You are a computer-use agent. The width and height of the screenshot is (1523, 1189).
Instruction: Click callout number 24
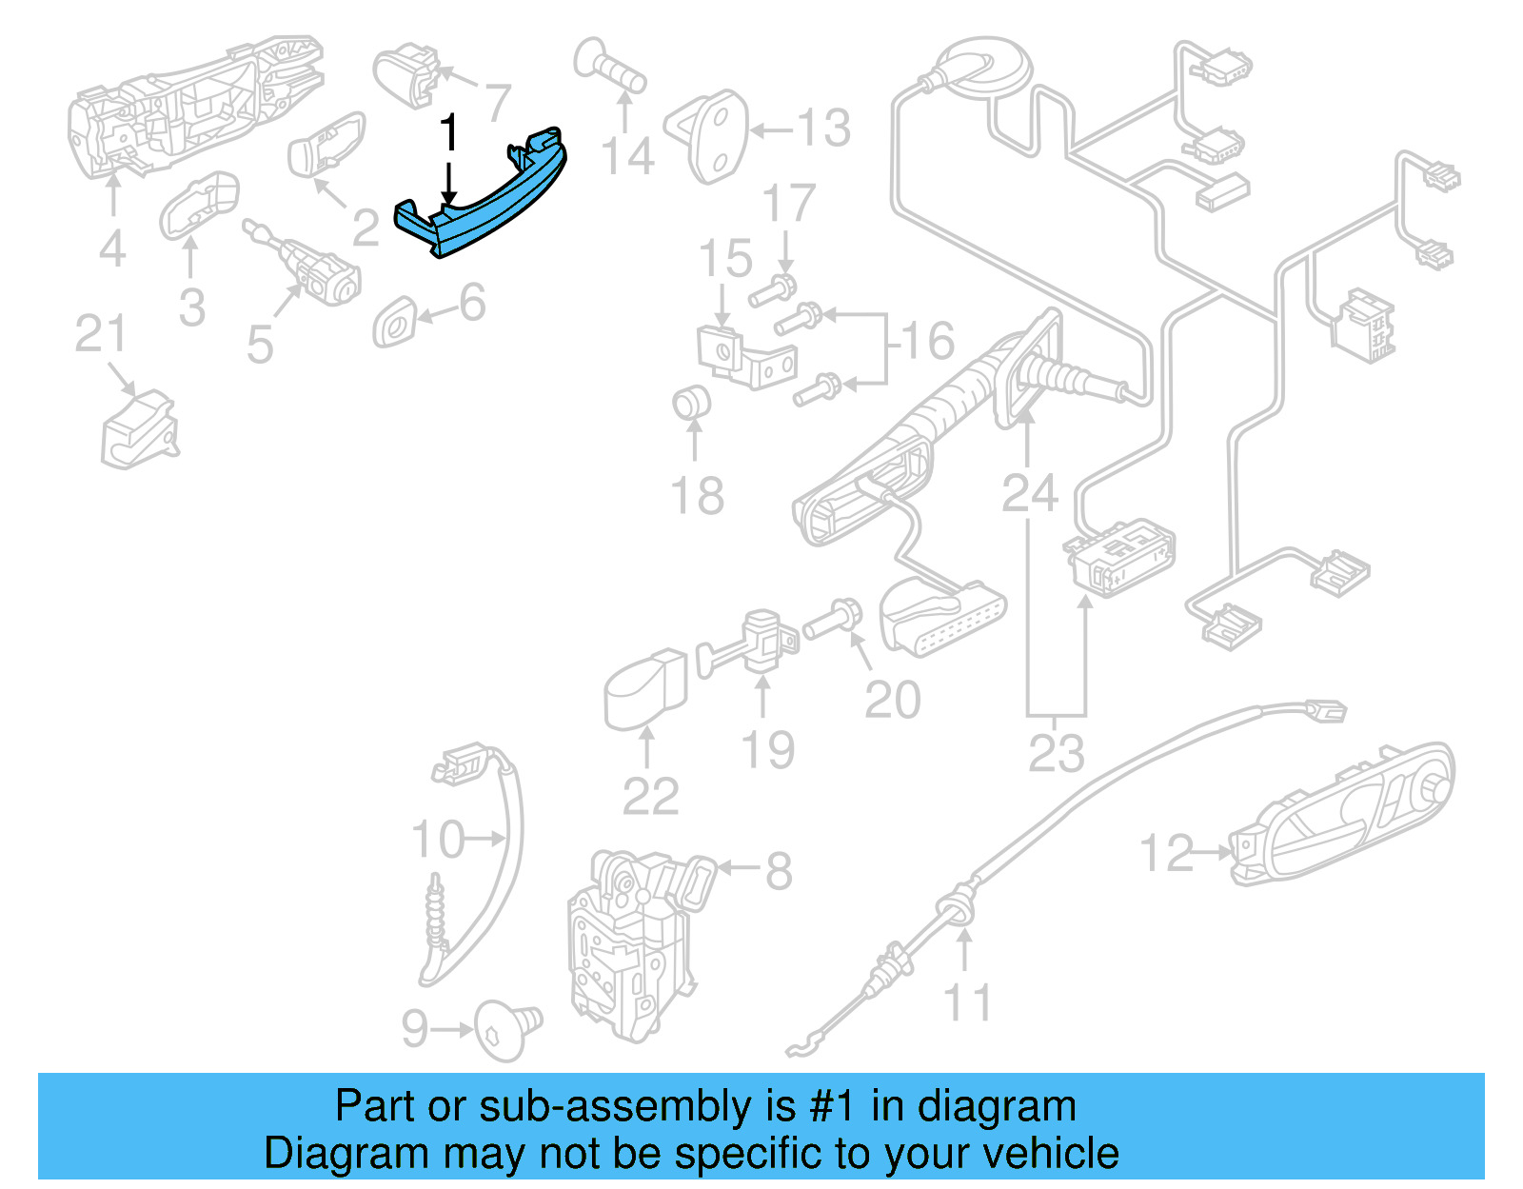pos(1029,493)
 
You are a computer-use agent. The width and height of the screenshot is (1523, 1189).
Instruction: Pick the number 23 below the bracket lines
pos(1056,753)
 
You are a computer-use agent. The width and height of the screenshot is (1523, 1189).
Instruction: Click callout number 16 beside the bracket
pos(927,341)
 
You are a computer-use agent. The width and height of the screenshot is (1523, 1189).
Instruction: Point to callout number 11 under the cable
pos(967,1003)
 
